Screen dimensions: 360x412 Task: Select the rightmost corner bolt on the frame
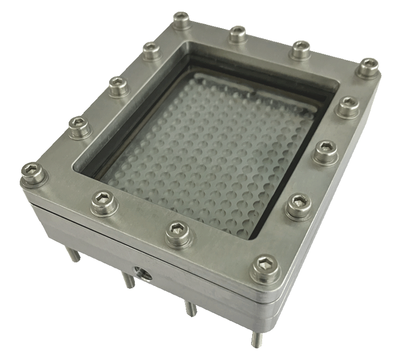[x=367, y=66]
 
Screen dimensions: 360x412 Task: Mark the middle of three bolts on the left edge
[x=116, y=85]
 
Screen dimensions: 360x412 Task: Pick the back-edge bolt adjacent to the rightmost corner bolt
[x=299, y=48]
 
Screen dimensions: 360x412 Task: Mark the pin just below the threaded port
[x=128, y=281]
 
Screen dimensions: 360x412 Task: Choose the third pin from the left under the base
[x=190, y=307]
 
